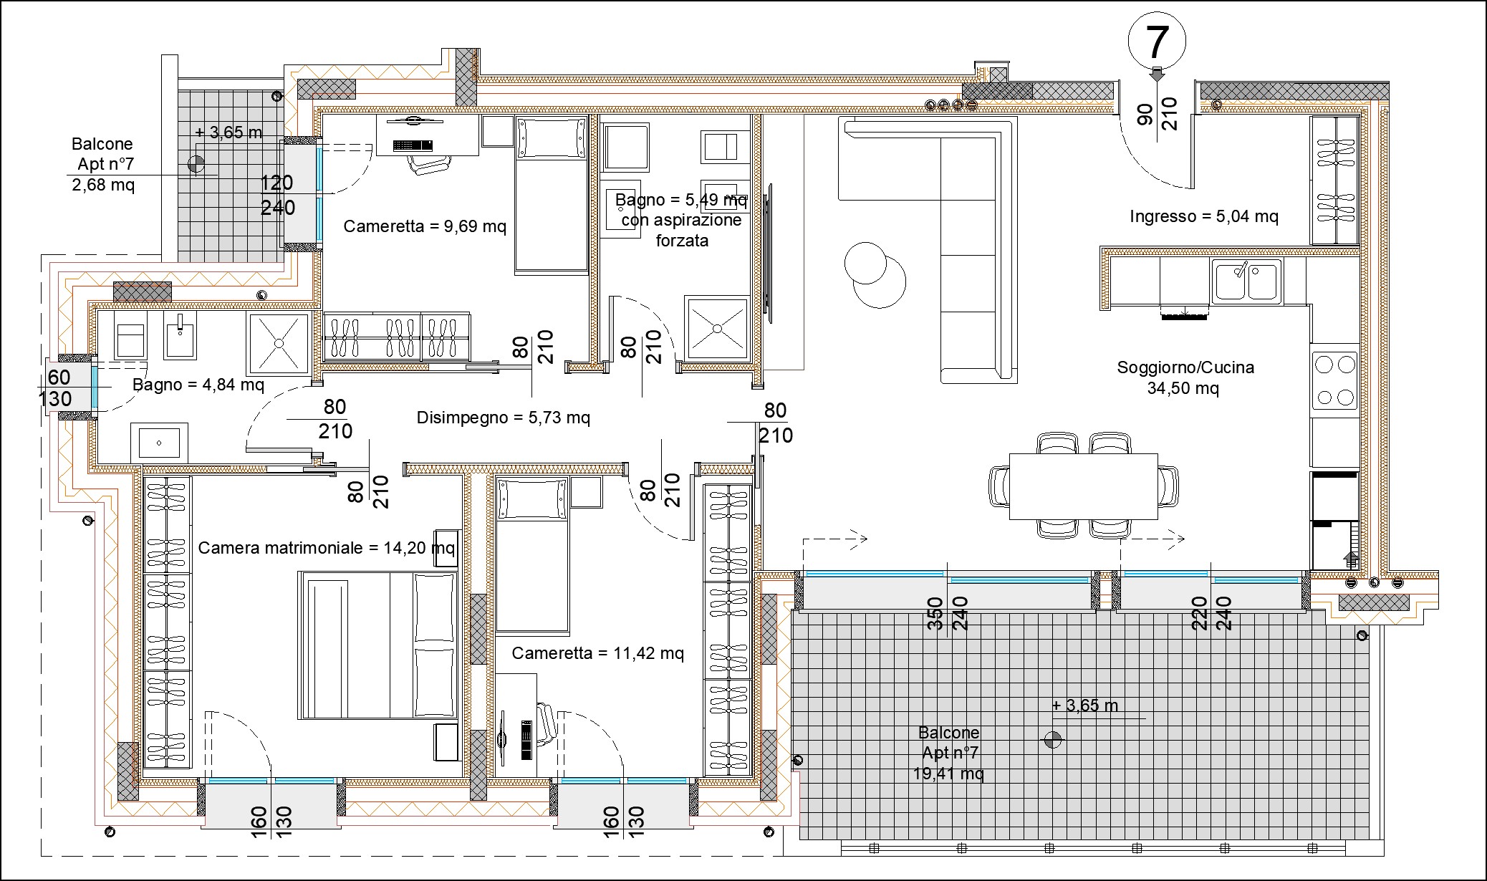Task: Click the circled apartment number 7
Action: coord(1157,42)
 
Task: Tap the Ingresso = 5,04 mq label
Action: coord(1203,216)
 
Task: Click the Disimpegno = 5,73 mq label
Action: coord(504,418)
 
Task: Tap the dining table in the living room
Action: coord(1083,486)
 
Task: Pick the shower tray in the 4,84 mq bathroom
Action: coord(278,344)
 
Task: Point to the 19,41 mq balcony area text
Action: coord(948,774)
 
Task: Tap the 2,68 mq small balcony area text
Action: coord(103,185)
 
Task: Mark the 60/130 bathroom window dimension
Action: coord(57,387)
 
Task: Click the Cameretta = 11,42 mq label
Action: coord(597,653)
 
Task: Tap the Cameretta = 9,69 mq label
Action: coord(425,226)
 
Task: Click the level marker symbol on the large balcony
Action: coord(1052,740)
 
